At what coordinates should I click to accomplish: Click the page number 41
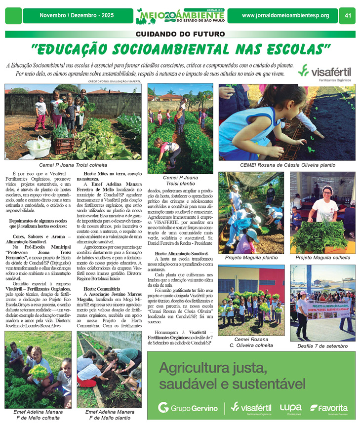348,15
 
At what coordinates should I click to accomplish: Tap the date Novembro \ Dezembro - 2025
77,15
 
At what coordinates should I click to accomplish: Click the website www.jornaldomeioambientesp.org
285,15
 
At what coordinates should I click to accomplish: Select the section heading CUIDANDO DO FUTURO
180,35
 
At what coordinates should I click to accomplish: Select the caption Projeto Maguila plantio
251,257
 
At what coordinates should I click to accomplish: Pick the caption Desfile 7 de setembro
321,346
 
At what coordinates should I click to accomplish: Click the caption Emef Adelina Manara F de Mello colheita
37,415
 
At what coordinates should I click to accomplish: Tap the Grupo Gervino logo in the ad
188,408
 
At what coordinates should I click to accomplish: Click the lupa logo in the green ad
290,408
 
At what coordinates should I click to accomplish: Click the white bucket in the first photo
39,146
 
